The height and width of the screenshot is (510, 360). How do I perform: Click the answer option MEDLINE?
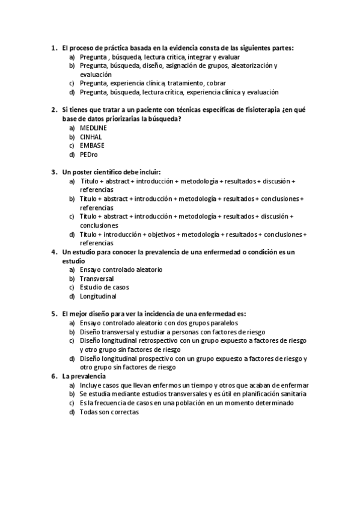click(x=93, y=128)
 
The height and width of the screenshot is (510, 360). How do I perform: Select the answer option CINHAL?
click(x=90, y=137)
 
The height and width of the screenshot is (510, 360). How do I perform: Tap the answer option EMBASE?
click(x=91, y=146)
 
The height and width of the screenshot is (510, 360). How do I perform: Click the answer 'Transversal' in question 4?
click(x=97, y=278)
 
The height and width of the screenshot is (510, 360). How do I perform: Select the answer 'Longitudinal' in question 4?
click(x=98, y=296)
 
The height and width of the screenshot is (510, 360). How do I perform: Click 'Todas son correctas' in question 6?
click(x=109, y=412)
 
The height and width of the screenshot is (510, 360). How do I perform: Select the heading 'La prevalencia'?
click(x=84, y=376)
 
